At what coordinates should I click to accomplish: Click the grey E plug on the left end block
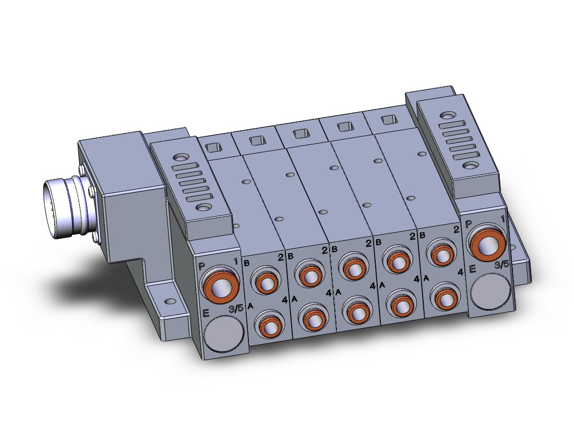224,334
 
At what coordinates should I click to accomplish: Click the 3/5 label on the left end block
235,309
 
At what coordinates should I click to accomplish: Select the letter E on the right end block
472,269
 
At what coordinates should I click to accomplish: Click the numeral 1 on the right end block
503,219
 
